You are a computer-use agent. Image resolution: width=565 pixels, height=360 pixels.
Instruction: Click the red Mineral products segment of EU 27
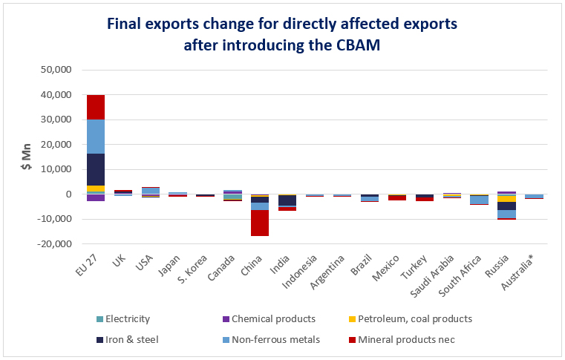(x=96, y=107)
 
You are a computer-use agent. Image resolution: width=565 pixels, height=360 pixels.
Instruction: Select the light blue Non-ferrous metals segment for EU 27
(x=96, y=137)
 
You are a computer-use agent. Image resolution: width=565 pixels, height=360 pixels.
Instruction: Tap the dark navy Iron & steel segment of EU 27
(x=96, y=170)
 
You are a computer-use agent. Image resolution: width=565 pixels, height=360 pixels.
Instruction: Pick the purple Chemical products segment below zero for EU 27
(x=96, y=197)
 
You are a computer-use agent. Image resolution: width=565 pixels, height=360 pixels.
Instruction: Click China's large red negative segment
(x=260, y=223)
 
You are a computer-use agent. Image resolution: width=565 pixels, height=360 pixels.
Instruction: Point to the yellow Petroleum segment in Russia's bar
(x=507, y=199)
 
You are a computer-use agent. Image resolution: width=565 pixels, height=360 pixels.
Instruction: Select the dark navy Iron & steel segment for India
(x=287, y=200)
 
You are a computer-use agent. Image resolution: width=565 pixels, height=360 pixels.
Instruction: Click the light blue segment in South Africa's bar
(x=480, y=200)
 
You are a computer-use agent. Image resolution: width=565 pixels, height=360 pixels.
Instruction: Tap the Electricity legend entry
(x=123, y=319)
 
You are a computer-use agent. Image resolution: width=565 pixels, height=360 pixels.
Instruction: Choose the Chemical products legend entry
(x=270, y=319)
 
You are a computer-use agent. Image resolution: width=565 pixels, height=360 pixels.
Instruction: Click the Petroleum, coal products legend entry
(x=411, y=319)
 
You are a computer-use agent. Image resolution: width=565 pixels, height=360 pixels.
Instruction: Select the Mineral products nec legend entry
(x=402, y=340)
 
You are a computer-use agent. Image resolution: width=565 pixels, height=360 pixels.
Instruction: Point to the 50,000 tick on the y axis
(x=56, y=70)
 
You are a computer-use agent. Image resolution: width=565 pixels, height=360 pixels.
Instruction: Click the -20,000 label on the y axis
(x=54, y=244)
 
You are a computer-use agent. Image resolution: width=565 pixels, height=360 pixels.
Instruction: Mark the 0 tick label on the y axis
(x=68, y=194)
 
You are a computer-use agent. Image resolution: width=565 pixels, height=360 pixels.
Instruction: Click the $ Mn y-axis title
(x=26, y=157)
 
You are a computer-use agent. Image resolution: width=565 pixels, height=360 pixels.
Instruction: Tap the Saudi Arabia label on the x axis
(x=433, y=276)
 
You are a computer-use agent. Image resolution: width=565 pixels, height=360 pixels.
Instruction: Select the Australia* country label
(x=517, y=272)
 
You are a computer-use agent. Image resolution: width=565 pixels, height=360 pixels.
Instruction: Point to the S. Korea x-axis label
(x=193, y=269)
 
